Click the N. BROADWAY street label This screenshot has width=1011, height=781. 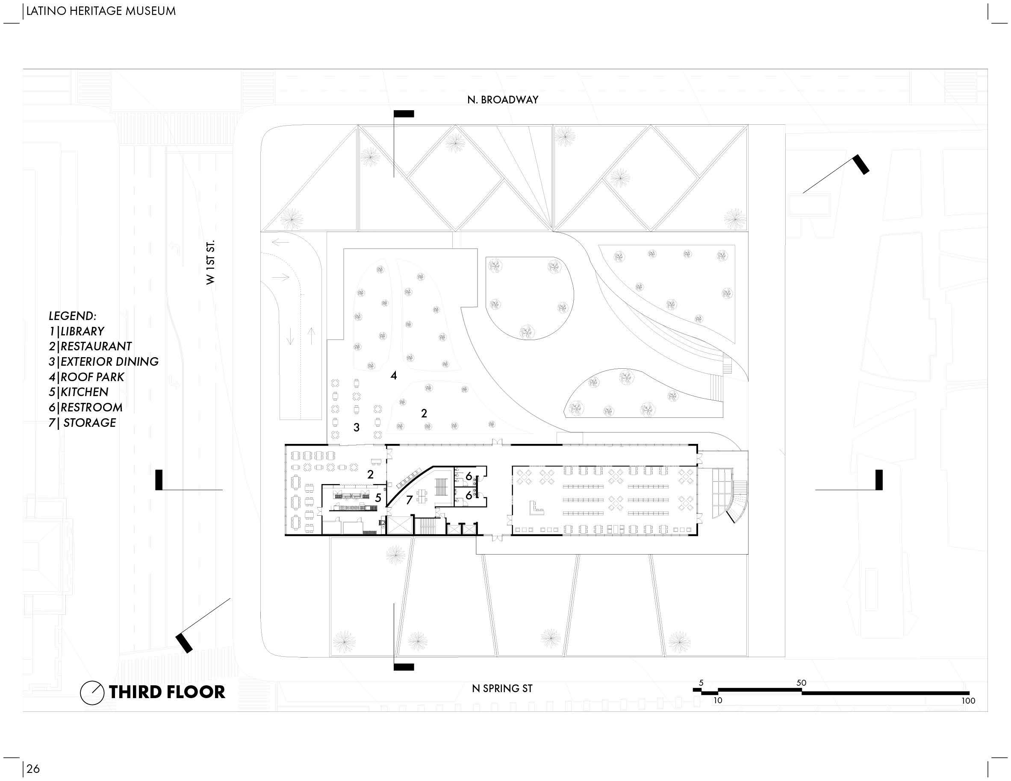click(502, 100)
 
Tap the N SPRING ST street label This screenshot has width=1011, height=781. click(502, 688)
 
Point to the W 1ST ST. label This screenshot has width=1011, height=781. click(211, 262)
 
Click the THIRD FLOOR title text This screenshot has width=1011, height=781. click(167, 692)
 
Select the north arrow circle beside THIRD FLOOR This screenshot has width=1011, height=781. click(91, 693)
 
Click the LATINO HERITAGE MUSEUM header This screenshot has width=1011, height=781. click(101, 11)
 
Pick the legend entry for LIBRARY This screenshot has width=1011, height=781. click(77, 331)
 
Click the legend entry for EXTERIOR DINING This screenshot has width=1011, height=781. click(104, 362)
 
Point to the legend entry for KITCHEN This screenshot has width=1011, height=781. click(79, 392)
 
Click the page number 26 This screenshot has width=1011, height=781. click(33, 769)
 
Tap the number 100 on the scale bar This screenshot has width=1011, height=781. click(968, 701)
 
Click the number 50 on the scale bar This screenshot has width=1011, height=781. click(801, 682)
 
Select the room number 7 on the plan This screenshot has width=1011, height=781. click(409, 500)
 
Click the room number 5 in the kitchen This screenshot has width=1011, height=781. click(378, 498)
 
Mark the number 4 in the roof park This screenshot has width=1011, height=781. click(393, 375)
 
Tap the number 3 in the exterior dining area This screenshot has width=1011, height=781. click(357, 428)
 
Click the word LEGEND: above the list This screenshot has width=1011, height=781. click(73, 316)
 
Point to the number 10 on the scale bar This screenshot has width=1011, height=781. click(717, 701)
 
